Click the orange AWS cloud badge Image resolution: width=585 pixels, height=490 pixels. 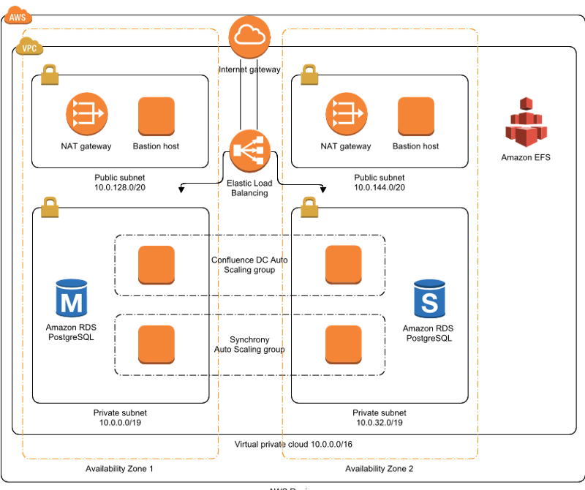[x=18, y=15]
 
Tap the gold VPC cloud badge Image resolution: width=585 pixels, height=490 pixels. [x=29, y=48]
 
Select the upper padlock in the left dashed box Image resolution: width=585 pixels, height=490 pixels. [x=50, y=74]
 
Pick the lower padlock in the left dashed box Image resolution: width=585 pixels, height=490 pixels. [x=50, y=207]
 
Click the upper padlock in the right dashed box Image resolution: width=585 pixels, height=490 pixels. [x=309, y=74]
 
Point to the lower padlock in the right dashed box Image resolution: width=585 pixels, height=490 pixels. [x=309, y=207]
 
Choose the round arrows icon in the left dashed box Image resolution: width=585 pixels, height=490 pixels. [x=86, y=113]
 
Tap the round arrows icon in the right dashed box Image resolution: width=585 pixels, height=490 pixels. [x=346, y=113]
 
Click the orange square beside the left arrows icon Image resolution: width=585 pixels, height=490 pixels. [x=156, y=116]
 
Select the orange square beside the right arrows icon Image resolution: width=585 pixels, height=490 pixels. [x=416, y=116]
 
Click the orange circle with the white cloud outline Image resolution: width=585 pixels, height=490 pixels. [x=249, y=37]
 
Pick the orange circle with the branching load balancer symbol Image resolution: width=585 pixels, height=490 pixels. [x=250, y=151]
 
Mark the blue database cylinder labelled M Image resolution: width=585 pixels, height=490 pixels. [x=72, y=298]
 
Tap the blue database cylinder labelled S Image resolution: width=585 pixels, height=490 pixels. [x=430, y=298]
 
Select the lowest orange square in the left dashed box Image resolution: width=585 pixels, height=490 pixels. [x=156, y=344]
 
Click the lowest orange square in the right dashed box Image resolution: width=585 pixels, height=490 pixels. [x=343, y=344]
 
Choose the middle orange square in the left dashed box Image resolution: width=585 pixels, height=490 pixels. [x=156, y=265]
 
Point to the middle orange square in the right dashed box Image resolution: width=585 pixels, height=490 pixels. [x=343, y=264]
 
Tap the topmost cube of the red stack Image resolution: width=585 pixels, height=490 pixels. [x=526, y=102]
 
